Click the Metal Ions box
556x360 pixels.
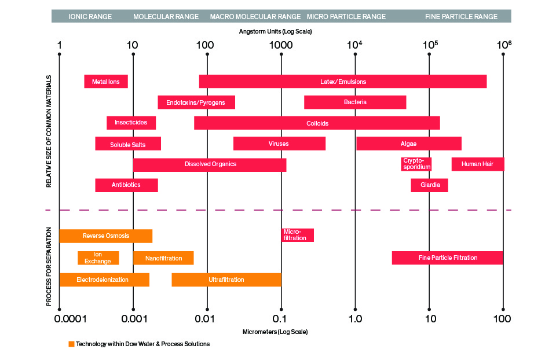point(105,82)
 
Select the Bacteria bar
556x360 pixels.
point(355,102)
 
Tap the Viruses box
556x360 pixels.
point(279,144)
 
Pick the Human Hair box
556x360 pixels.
point(478,164)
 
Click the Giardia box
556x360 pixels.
point(429,185)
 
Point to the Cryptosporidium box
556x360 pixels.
point(416,164)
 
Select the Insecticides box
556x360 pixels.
point(131,123)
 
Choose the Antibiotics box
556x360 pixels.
point(127,185)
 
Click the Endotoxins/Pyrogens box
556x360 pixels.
point(196,102)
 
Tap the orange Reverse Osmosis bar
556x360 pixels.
point(105,236)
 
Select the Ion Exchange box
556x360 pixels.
point(98,258)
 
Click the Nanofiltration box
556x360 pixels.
point(163,258)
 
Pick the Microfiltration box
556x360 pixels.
point(298,235)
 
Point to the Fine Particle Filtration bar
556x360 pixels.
point(447,258)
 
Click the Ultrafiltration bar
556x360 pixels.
point(226,280)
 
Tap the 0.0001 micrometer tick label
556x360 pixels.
point(70,319)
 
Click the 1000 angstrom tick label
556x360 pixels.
point(281,45)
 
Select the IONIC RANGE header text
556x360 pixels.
point(90,17)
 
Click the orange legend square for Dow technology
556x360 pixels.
point(71,344)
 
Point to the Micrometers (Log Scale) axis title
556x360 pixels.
point(275,332)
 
